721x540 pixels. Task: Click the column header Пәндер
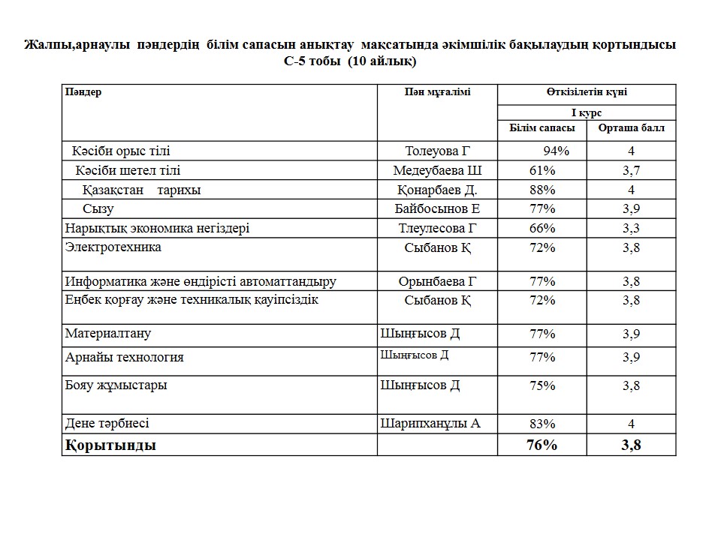(83, 92)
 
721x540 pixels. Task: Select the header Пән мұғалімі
(436, 92)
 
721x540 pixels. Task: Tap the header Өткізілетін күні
(587, 92)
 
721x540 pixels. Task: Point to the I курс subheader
(587, 112)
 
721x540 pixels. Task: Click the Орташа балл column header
(631, 128)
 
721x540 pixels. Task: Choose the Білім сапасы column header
(542, 128)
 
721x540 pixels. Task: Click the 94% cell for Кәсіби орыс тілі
(551, 151)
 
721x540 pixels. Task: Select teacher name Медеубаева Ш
(437, 170)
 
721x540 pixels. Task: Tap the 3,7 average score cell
(631, 170)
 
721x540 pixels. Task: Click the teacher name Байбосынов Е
(437, 209)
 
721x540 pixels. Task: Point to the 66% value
(542, 228)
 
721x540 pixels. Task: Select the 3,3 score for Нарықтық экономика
(631, 228)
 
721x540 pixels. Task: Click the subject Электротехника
(113, 247)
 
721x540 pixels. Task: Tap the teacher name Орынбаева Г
(437, 281)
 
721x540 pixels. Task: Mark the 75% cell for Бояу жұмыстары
(542, 385)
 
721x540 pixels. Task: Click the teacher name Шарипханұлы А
(430, 424)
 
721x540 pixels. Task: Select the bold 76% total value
(542, 445)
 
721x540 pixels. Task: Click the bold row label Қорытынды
(111, 445)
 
